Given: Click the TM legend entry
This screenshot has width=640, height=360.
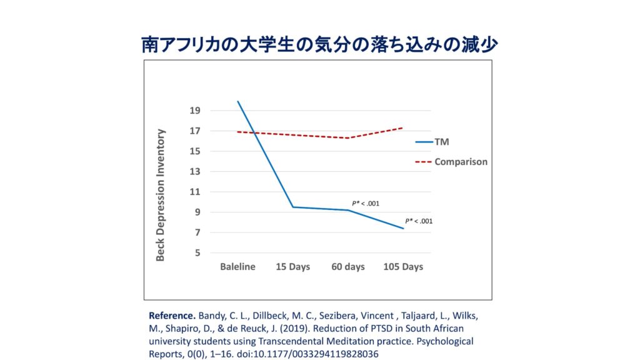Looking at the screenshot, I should coord(442,142).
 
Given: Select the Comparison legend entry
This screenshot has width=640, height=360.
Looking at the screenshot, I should coord(461,161).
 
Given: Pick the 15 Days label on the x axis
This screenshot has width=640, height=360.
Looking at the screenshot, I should coord(293,267).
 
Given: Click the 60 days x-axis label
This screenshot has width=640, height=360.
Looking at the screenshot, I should coord(347,267).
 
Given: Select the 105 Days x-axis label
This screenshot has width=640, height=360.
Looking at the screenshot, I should coord(402,267).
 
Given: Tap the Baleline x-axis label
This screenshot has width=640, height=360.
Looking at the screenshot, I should coord(237,267).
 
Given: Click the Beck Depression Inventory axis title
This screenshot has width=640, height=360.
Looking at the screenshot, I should coord(161,194).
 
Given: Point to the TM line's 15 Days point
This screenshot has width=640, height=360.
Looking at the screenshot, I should coord(293,207).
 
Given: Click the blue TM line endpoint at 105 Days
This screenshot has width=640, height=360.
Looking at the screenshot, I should coord(403,229).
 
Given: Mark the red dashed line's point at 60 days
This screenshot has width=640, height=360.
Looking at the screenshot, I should coord(348,138).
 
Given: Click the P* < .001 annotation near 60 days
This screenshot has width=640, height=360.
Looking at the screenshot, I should coord(366,203).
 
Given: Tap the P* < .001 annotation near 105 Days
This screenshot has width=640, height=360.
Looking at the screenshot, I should coord(419,221).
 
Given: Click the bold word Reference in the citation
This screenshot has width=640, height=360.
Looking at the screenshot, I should coord(172,315).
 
